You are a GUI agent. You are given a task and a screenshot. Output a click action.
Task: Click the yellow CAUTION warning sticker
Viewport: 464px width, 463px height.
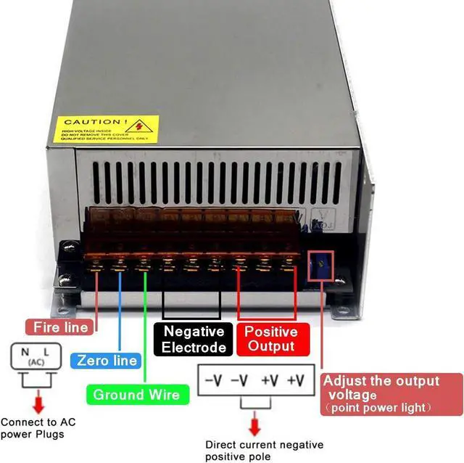(x=106, y=128)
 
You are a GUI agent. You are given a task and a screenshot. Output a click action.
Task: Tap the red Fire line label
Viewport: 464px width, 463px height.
(x=61, y=327)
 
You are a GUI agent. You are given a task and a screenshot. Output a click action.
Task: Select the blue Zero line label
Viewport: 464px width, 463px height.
(x=107, y=360)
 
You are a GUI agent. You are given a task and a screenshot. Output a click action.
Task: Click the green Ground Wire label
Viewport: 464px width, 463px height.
(x=138, y=394)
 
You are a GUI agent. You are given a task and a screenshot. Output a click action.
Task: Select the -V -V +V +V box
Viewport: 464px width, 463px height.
(x=254, y=380)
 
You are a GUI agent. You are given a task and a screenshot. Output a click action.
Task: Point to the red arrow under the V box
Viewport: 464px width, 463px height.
(x=254, y=425)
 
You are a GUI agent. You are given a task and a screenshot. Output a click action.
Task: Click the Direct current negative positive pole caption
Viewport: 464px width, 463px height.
(x=264, y=451)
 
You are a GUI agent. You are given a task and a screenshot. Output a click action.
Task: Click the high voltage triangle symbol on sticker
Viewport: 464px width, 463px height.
(x=143, y=127)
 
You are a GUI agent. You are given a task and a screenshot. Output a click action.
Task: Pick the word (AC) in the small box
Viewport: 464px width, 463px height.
(x=35, y=361)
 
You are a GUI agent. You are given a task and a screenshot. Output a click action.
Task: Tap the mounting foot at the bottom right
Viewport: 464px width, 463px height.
(x=341, y=312)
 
